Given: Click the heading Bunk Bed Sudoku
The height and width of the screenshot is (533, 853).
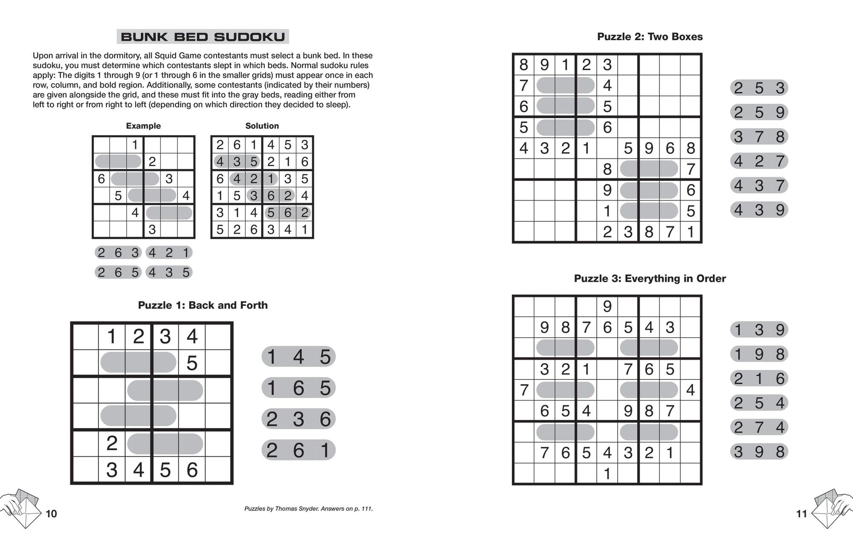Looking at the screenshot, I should point(203,37).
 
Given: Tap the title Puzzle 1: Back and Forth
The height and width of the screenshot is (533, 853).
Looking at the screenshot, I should point(203,305).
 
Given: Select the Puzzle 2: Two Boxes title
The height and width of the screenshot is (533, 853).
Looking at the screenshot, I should point(650,37).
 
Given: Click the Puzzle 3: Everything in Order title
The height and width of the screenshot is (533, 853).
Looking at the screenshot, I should point(650,279).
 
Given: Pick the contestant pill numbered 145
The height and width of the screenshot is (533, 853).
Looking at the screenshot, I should point(298,357).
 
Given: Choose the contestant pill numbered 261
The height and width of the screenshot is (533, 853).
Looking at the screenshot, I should point(298,450).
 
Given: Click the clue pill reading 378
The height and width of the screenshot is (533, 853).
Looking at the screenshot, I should point(759,137).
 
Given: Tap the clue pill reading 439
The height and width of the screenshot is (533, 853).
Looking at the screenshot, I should point(759,210).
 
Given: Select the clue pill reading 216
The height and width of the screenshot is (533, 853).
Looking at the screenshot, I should point(759,379).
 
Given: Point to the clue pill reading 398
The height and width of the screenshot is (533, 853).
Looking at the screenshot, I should point(759,451).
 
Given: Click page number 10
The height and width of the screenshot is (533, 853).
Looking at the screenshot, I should point(51,514).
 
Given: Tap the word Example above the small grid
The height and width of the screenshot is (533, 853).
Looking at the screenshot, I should point(143,126).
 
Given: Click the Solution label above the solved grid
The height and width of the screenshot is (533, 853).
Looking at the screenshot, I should point(262,126).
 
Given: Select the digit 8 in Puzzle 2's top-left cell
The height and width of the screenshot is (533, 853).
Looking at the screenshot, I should point(523,65).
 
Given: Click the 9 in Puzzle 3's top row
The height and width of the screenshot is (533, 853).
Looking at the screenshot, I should point(607,306).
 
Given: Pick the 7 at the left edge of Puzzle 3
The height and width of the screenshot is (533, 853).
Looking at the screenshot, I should point(524,390).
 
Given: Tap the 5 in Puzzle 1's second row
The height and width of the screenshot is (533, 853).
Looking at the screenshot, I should point(192,364).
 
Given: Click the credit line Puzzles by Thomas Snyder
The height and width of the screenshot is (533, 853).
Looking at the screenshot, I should point(308,509).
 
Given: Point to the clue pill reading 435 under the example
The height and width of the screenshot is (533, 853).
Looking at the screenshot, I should point(169,272).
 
